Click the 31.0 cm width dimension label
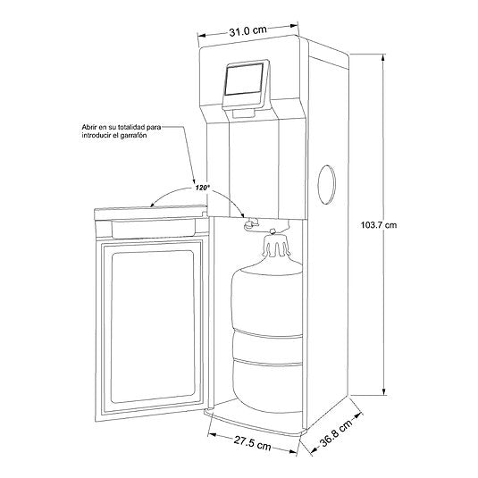(247, 30)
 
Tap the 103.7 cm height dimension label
(379, 225)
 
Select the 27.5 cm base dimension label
(253, 442)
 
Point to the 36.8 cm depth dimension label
(336, 432)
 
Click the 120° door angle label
(203, 188)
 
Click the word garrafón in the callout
(133, 135)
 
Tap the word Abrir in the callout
(88, 127)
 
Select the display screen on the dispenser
(244, 80)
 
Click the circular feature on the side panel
(326, 185)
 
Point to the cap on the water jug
(276, 245)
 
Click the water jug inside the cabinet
(267, 324)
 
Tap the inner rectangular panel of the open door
(153, 326)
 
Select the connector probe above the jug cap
(273, 231)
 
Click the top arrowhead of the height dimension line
(383, 58)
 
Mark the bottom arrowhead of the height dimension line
(384, 391)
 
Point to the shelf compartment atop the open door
(154, 229)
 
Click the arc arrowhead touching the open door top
(155, 205)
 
